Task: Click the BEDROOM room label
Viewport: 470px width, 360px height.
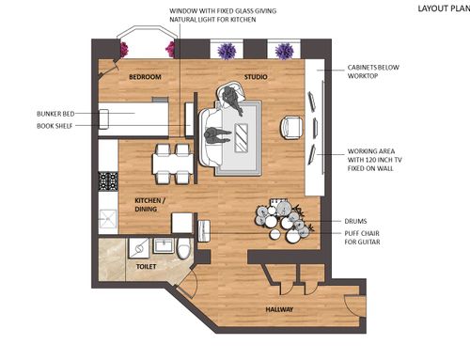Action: pos(145,77)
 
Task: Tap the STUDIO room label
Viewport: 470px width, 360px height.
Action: pos(256,77)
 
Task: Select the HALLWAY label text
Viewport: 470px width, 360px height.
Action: pos(279,309)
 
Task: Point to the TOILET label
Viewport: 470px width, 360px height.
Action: pos(146,267)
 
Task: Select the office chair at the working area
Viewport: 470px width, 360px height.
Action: pos(291,128)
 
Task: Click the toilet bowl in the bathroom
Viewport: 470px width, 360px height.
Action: pos(183,248)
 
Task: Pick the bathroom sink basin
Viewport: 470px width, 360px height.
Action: pos(163,245)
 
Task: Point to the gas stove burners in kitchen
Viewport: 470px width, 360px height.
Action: pos(108,181)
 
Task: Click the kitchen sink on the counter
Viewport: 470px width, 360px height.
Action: pos(107,218)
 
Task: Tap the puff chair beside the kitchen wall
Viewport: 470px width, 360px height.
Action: pos(204,231)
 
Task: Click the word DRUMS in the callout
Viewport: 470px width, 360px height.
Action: pos(355,221)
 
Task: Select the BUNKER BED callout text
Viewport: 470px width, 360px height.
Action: pos(55,114)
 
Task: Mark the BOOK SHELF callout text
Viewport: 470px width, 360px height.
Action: pos(55,126)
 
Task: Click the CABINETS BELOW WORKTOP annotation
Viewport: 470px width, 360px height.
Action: pos(373,71)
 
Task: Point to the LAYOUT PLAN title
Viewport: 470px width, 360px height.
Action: pos(444,8)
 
